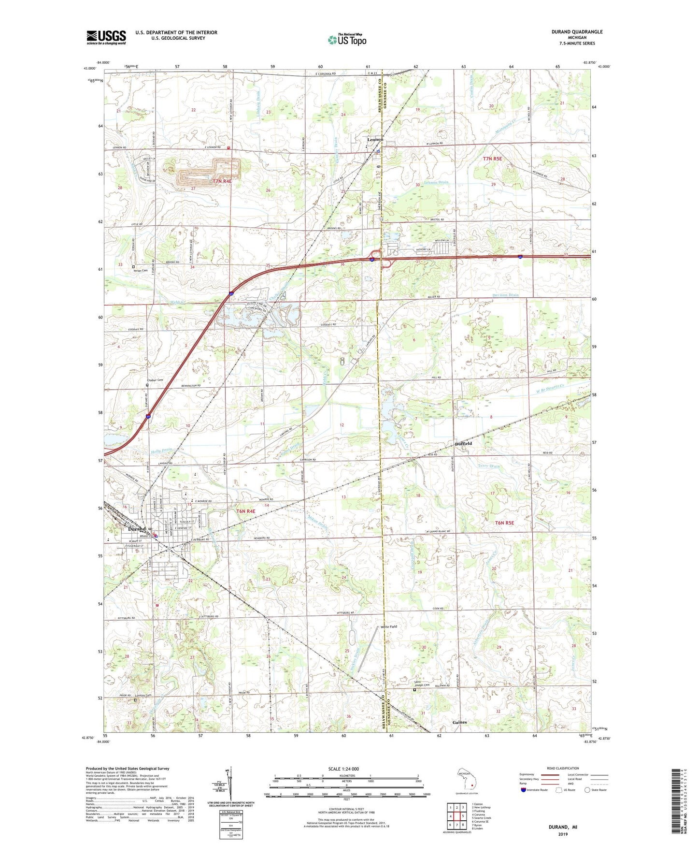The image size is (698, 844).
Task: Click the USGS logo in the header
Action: [x=106, y=37]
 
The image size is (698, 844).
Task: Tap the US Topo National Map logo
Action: [x=346, y=40]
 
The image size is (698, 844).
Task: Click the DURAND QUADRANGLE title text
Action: [x=577, y=32]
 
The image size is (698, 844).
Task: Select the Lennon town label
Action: [x=374, y=140]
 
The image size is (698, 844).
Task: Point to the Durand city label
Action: [x=137, y=529]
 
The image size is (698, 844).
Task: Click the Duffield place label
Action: [x=463, y=443]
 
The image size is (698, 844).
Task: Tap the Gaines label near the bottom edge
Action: [x=459, y=722]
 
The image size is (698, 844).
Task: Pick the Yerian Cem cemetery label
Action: [x=140, y=271]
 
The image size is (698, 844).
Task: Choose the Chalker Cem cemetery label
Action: [x=155, y=380]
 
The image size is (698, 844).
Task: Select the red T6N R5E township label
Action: [x=505, y=523]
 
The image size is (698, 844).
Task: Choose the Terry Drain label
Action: [x=488, y=466]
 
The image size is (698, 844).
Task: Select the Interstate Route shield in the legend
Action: [x=524, y=790]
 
